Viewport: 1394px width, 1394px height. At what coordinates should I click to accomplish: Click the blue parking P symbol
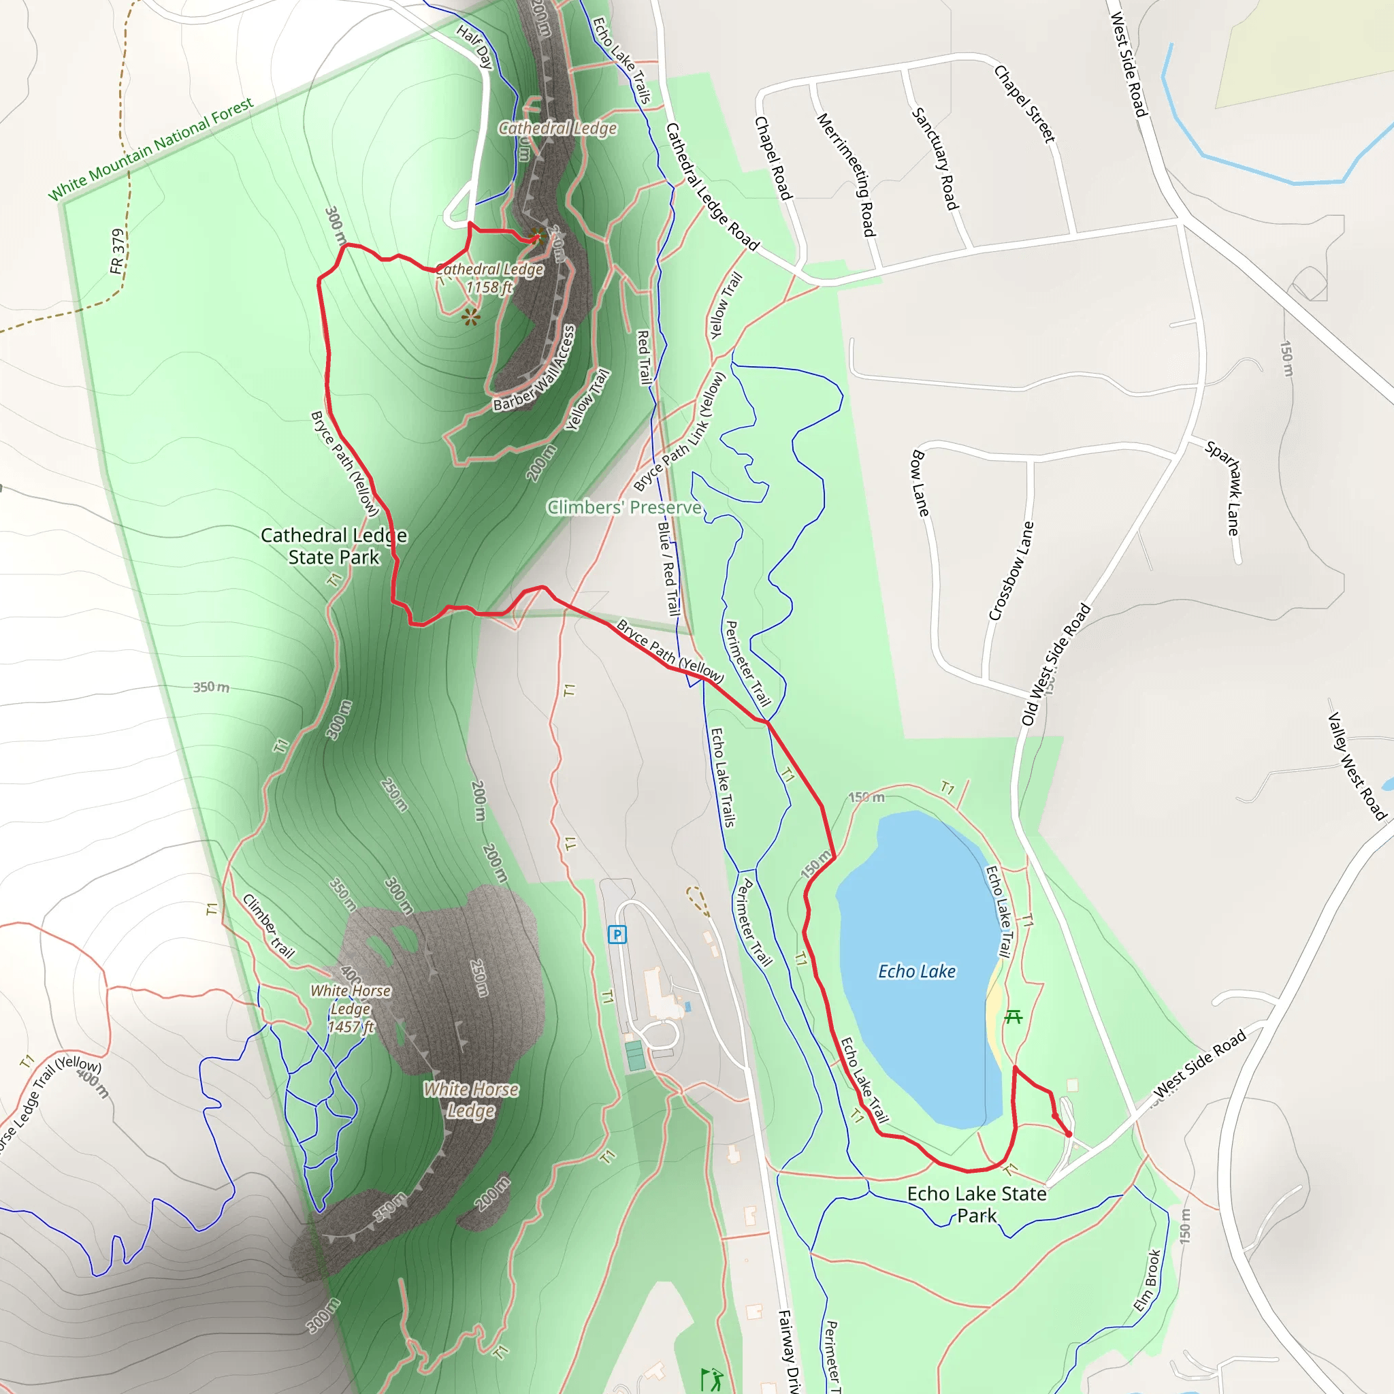click(617, 935)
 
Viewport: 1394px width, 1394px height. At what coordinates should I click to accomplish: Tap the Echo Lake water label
click(916, 972)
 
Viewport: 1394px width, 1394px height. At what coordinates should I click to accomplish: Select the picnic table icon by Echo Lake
click(1014, 1017)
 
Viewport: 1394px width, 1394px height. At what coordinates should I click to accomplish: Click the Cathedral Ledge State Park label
click(334, 546)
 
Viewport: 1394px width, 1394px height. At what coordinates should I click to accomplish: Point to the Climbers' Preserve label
click(624, 507)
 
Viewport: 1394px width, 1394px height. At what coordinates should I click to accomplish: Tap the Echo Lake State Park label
click(976, 1204)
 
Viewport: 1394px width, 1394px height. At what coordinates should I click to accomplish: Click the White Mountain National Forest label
click(151, 148)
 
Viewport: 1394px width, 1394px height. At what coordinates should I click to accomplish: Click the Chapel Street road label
click(1024, 104)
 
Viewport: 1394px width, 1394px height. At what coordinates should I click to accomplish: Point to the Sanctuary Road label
click(935, 158)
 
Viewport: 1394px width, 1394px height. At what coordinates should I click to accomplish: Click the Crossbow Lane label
click(1011, 570)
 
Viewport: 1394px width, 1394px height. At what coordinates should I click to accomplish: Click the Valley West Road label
click(1357, 766)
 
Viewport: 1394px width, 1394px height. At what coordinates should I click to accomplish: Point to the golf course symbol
click(711, 1379)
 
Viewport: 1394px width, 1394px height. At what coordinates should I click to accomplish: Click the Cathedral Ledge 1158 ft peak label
click(489, 278)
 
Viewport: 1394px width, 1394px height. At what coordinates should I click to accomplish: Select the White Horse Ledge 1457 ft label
click(351, 1009)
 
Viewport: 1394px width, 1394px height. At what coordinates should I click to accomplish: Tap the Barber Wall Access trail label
click(534, 369)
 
